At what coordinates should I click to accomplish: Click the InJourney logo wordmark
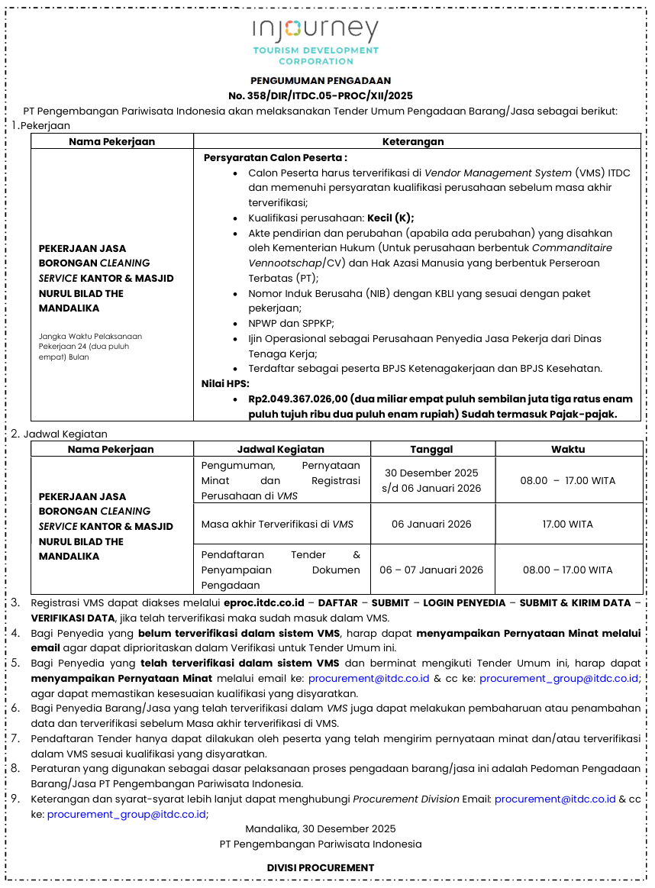tap(316, 31)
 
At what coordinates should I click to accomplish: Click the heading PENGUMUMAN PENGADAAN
tap(321, 80)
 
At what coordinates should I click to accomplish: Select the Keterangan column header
tap(413, 141)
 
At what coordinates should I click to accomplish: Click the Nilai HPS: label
tap(225, 383)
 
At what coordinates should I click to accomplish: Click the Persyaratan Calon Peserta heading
tap(275, 157)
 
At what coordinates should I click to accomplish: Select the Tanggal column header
tap(431, 449)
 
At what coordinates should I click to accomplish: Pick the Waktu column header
tap(568, 449)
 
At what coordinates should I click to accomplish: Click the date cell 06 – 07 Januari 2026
tap(431, 570)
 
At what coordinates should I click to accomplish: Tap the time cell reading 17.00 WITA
tap(568, 524)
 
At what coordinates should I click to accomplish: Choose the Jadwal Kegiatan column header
tap(280, 449)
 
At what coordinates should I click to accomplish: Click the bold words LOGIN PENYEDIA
tap(464, 602)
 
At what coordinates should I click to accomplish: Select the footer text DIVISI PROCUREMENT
tap(321, 867)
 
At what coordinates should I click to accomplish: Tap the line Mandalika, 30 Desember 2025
tap(321, 828)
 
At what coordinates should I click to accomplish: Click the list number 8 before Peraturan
tap(15, 768)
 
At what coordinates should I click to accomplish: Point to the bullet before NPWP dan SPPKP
tap(235, 323)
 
